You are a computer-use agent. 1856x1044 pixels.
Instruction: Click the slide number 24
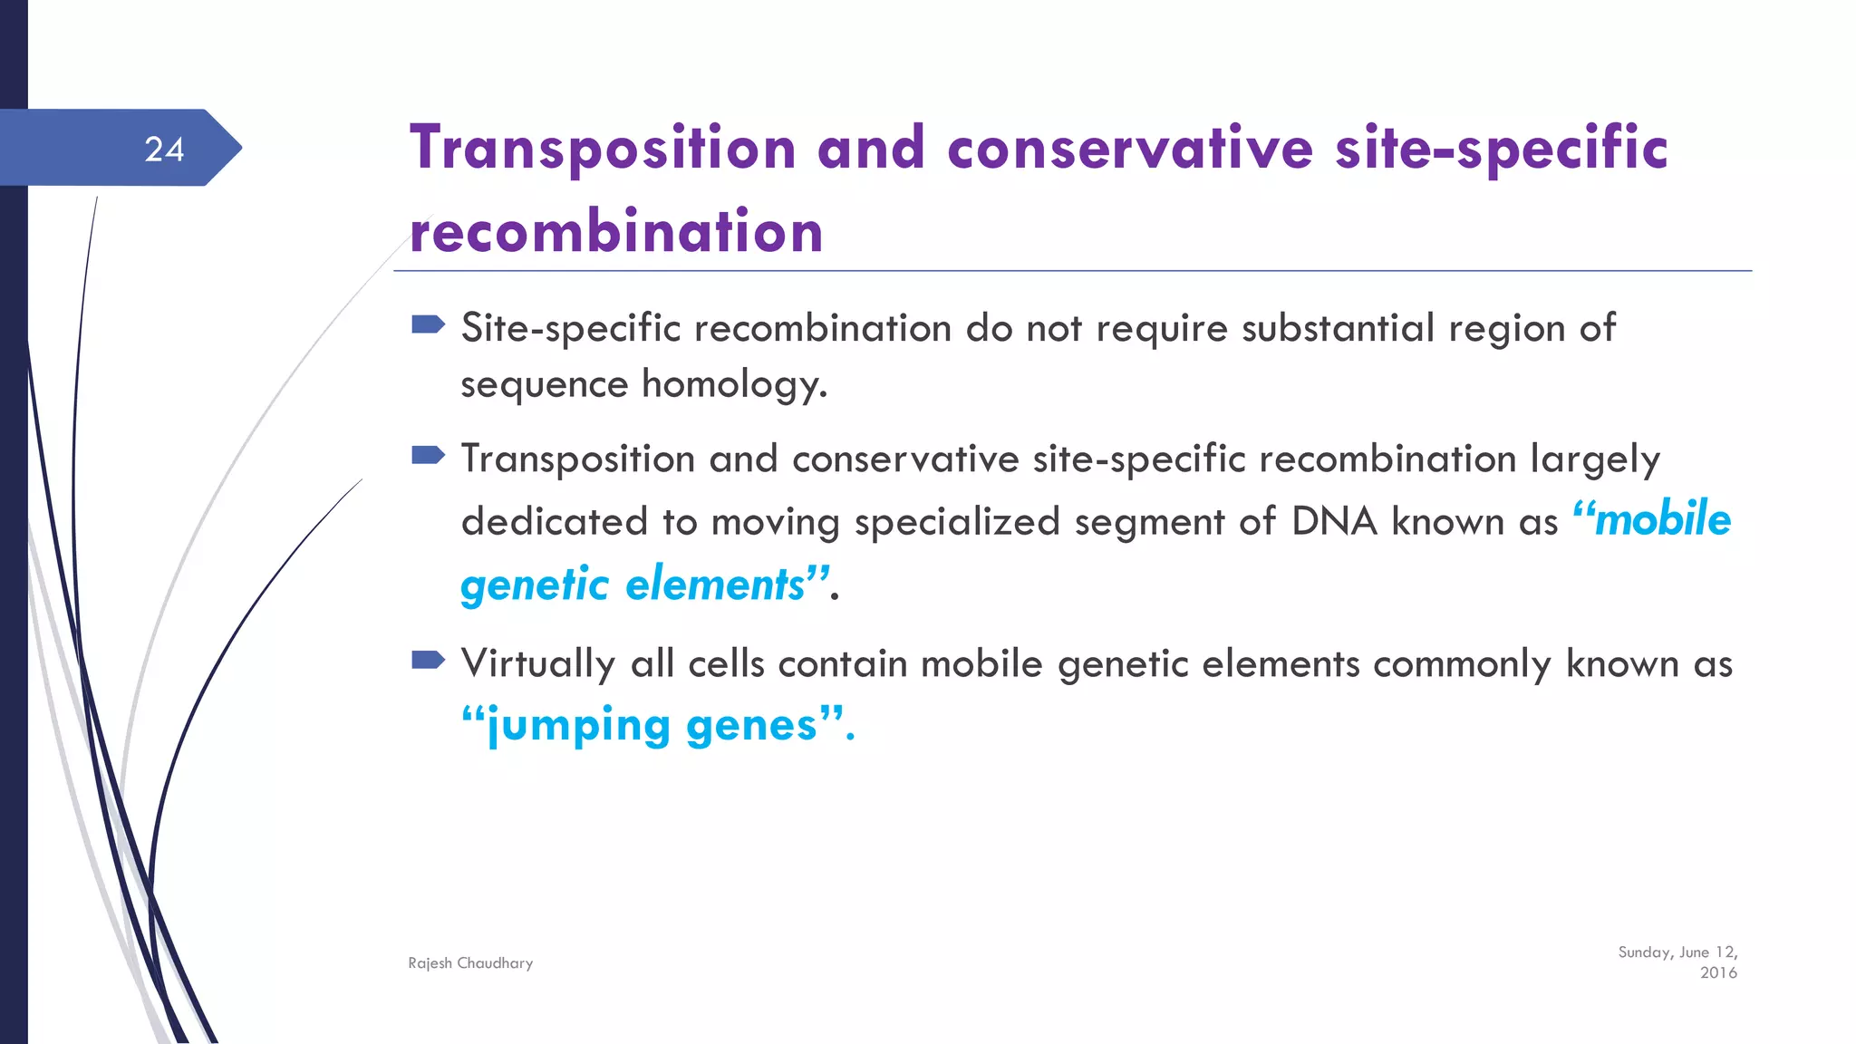(164, 150)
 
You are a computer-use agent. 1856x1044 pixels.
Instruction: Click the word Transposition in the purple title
(603, 149)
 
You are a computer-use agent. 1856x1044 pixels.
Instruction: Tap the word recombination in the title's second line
(616, 232)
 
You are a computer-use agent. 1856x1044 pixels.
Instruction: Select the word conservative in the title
(1129, 149)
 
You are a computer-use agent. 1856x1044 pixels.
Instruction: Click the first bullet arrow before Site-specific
(428, 324)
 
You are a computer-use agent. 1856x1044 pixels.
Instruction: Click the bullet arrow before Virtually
(428, 660)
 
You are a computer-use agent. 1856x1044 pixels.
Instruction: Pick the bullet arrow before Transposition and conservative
(428, 455)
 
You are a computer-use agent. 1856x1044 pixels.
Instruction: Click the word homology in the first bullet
(733, 385)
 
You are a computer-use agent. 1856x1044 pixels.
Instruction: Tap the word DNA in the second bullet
(1334, 522)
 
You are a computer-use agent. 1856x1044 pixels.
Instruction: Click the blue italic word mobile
(1662, 519)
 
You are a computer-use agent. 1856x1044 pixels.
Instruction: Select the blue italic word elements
(715, 585)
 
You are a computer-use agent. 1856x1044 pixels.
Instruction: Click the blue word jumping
(578, 726)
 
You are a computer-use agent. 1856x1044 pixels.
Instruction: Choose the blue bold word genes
(751, 726)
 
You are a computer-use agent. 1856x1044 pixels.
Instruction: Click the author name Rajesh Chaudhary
(470, 963)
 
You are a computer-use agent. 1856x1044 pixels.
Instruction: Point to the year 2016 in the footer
(1718, 973)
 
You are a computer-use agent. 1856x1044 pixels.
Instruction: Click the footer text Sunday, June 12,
(1677, 952)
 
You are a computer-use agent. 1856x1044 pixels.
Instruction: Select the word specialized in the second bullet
(957, 523)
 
